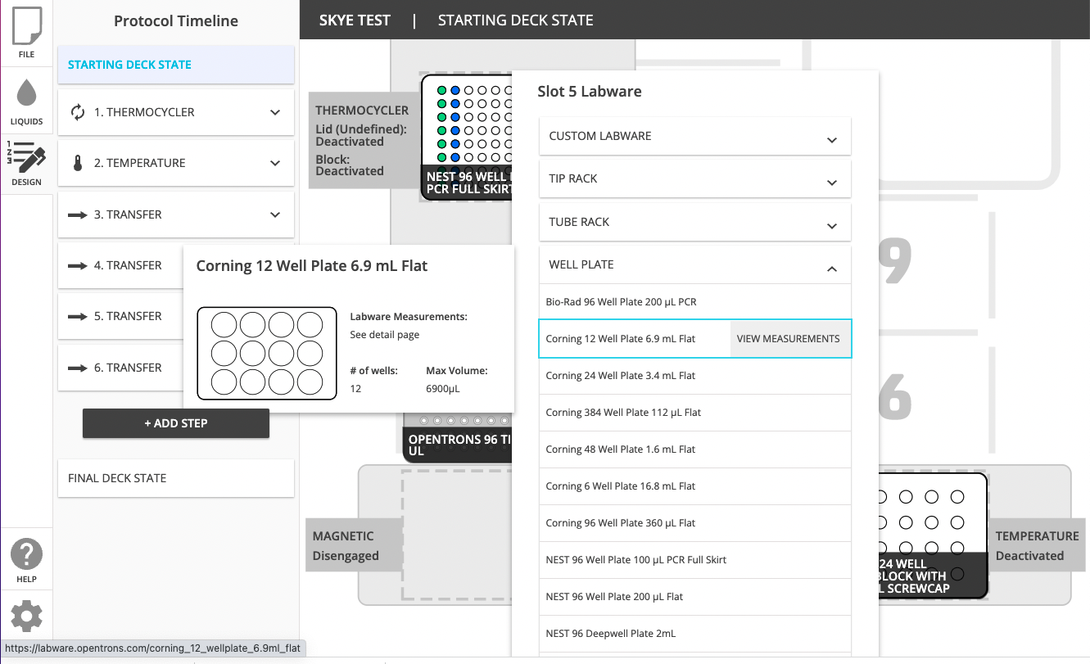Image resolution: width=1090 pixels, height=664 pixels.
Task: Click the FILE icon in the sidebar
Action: (x=26, y=32)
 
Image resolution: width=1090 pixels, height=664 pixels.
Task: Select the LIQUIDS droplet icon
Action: (x=26, y=99)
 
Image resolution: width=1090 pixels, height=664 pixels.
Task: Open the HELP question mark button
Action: (x=26, y=561)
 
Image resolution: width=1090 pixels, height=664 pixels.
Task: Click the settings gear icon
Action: (x=26, y=616)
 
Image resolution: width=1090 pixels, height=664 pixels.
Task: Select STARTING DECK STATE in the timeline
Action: (x=175, y=65)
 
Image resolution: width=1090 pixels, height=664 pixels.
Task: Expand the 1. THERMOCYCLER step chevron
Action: (x=275, y=112)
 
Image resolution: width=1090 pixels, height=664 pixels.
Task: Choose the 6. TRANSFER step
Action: (x=128, y=368)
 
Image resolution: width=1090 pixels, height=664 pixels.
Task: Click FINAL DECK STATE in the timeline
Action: (x=175, y=478)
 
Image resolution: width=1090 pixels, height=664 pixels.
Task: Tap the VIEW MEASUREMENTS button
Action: (x=788, y=339)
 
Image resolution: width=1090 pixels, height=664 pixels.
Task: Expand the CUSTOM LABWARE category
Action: (x=694, y=136)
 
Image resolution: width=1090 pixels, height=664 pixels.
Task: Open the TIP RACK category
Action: (x=694, y=178)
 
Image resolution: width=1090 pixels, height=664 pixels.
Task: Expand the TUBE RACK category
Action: (x=694, y=222)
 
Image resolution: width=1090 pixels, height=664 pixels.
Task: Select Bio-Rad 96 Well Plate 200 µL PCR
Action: (x=621, y=302)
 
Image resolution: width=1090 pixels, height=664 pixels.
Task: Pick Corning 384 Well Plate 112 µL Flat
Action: (x=623, y=413)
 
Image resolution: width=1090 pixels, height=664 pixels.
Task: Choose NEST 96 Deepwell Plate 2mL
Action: (x=610, y=634)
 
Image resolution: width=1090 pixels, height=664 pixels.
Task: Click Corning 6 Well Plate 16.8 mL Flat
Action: (x=620, y=486)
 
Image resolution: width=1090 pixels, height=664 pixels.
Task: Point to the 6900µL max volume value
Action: (x=443, y=389)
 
